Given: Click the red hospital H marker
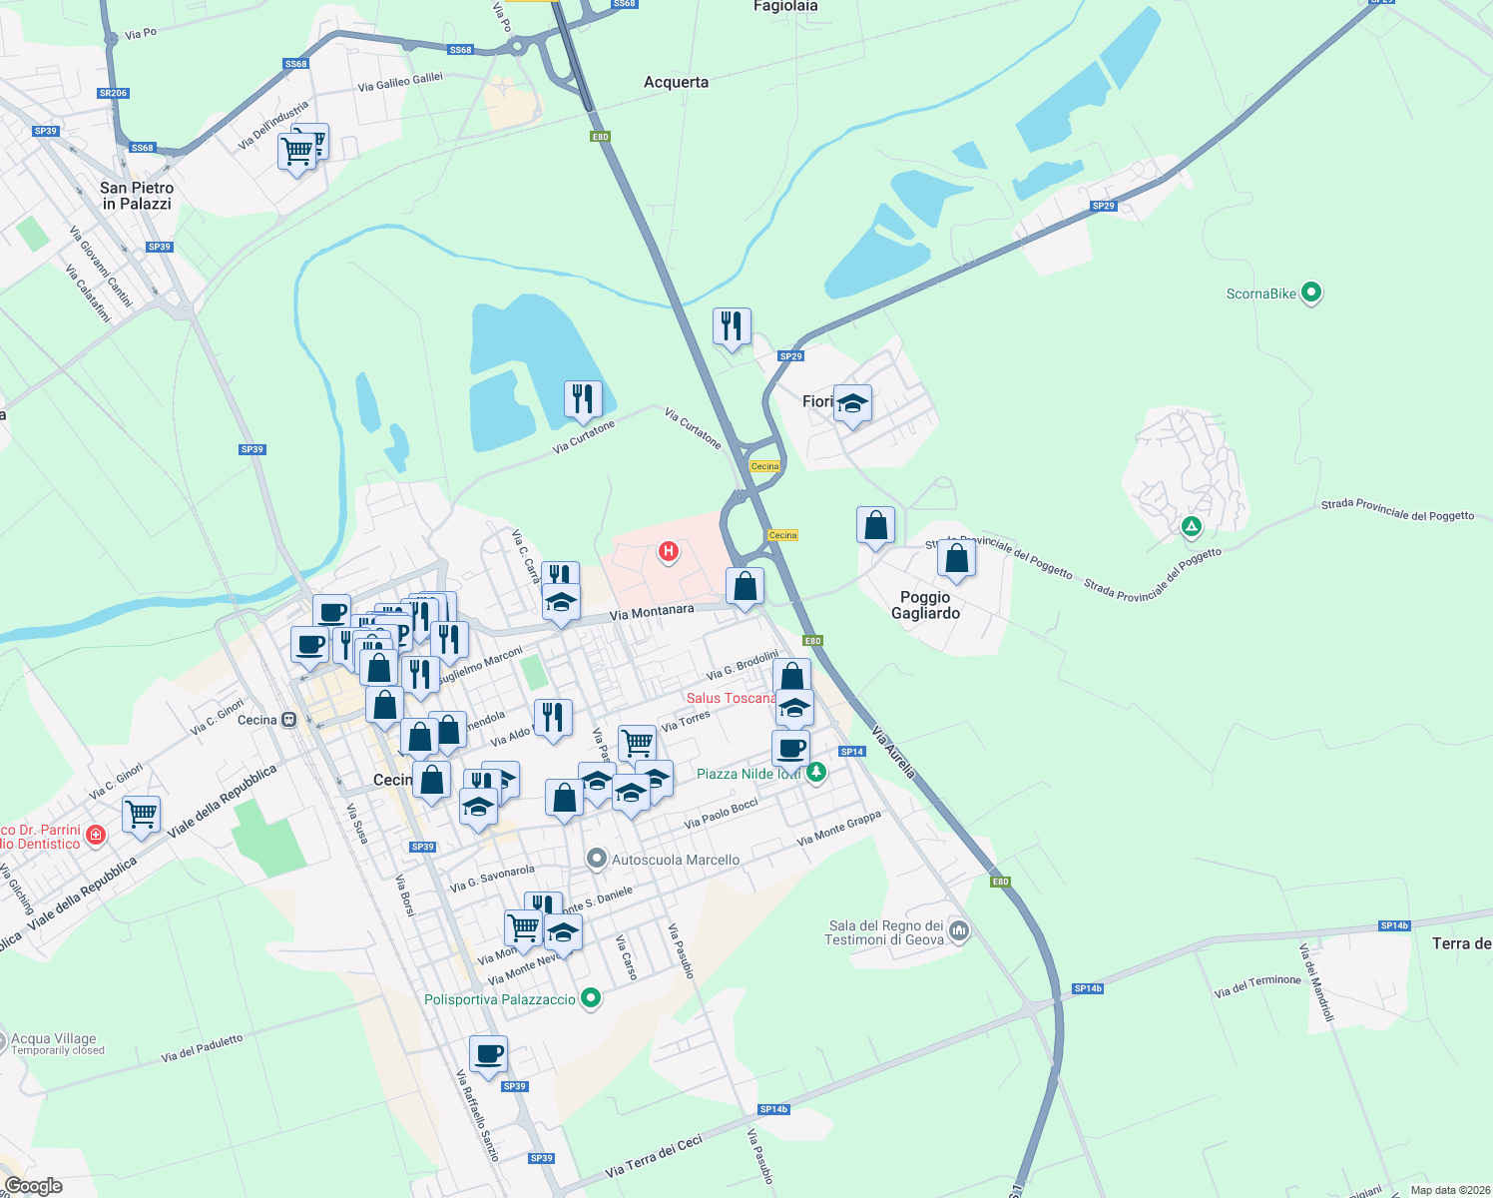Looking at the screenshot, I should pos(669,551).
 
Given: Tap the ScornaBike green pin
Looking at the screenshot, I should pos(1311,293).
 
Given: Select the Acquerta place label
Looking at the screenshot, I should pos(676,82).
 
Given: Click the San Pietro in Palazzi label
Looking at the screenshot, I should pos(137,196).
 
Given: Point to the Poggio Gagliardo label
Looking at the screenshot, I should pos(925,605).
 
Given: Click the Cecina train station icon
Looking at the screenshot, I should pos(289,720).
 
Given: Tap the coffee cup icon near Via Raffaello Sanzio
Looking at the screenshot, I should pos(488,1054).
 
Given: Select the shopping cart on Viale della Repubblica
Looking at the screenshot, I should pos(142,814).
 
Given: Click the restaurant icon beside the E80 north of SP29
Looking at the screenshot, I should pos(732,325).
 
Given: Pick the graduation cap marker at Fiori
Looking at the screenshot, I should pos(852,403).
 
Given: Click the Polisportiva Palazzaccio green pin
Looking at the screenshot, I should pos(591,997).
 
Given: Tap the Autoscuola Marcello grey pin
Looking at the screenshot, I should pos(596,859).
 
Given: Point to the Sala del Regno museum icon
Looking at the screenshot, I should pos(959,931).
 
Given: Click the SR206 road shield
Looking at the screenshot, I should pos(114,93).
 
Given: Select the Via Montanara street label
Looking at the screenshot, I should pos(652,611).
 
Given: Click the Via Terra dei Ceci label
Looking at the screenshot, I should pos(654,1156).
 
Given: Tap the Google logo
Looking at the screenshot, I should pos(33,1185).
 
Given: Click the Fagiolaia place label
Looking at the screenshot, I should pos(785,7).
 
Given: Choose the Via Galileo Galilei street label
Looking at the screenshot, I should pos(400,82).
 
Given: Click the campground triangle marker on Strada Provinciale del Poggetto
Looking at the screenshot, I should pos(1191,525).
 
